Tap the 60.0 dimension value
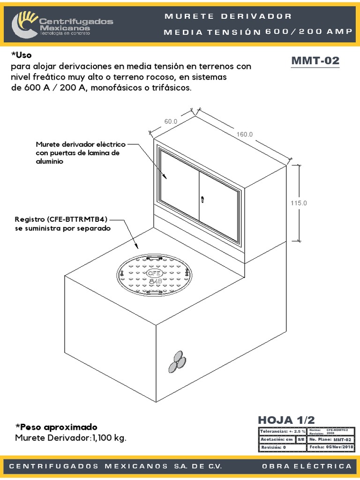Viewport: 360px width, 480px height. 171,121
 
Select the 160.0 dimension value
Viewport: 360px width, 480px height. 244,134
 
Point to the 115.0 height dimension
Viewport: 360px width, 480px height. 299,203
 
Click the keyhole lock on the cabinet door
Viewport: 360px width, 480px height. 203,200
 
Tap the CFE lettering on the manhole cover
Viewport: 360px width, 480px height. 154,272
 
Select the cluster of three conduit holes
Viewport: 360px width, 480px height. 177,361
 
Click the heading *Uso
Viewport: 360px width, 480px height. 21,55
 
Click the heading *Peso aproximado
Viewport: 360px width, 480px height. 56,427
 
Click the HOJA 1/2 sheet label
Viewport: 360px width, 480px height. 286,420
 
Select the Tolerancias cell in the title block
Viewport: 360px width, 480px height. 282,431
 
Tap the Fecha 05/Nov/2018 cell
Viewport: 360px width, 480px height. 330,447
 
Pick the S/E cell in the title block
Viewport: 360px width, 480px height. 300,439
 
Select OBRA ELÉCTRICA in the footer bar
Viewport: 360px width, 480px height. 307,466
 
